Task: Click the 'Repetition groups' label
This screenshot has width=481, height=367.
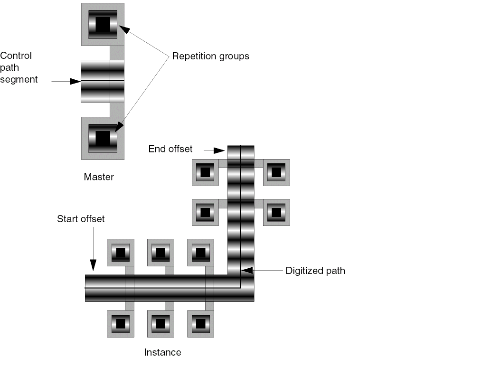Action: tap(210, 56)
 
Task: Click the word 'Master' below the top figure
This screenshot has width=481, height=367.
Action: tap(99, 177)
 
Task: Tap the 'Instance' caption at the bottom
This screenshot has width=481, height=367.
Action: tap(162, 352)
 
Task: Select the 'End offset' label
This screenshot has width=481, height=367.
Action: tap(170, 149)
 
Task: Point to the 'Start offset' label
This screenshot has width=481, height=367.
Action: tap(81, 219)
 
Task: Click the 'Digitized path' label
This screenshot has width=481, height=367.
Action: tap(315, 271)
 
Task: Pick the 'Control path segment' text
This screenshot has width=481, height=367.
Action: tap(19, 67)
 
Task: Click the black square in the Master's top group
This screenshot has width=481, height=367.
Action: tap(103, 24)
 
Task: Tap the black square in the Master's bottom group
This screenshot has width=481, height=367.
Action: tap(103, 138)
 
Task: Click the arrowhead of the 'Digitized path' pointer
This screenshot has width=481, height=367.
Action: tap(247, 270)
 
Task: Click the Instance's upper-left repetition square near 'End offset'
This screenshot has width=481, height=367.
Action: tap(205, 172)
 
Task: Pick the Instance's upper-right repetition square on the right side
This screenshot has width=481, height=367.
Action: tap(276, 172)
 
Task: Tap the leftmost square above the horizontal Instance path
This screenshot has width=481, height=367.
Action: tap(121, 252)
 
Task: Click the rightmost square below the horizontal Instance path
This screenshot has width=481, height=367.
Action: tap(201, 324)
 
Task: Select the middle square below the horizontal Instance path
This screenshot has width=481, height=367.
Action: tap(160, 324)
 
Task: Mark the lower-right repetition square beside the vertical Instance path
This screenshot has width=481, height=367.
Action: tap(276, 212)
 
